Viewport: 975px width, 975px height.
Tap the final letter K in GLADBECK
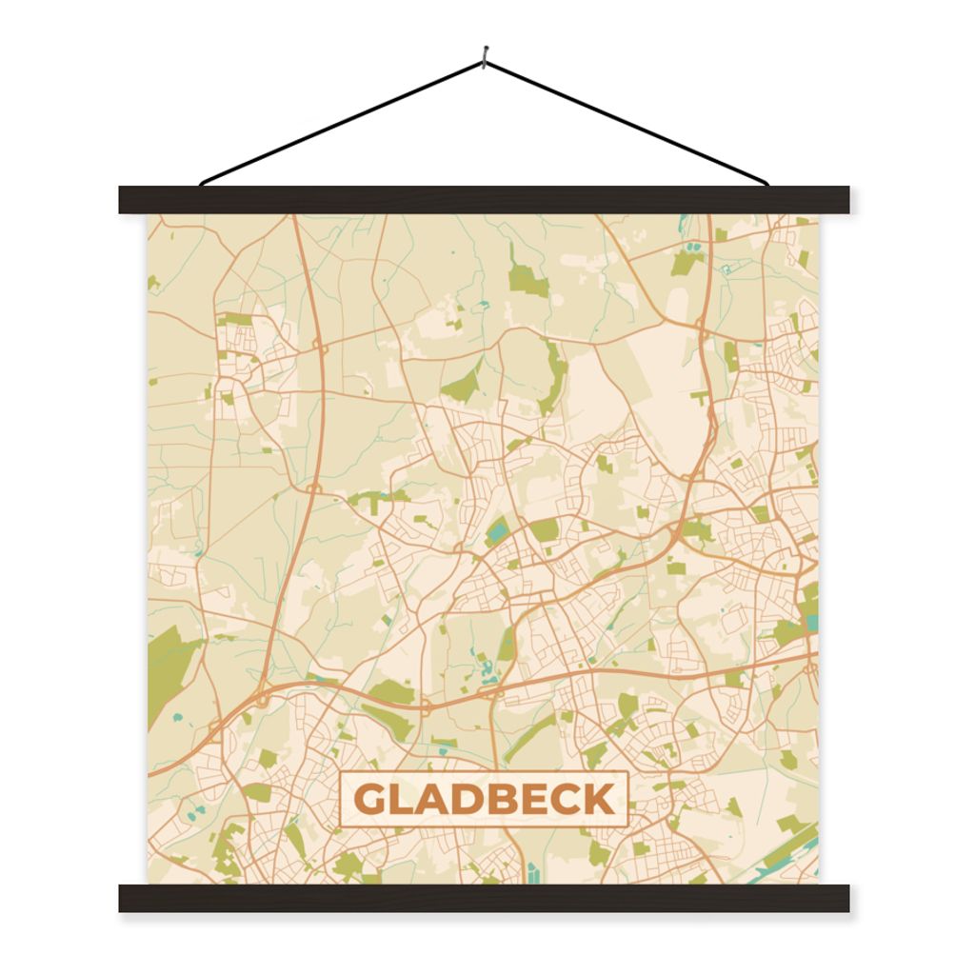pos(599,800)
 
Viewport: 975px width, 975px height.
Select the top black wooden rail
pos(484,200)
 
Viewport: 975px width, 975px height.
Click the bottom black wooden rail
pos(484,898)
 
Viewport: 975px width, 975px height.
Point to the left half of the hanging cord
pos(343,122)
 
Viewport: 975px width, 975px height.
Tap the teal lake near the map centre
pos(497,529)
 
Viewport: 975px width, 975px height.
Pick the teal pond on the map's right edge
pos(812,624)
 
